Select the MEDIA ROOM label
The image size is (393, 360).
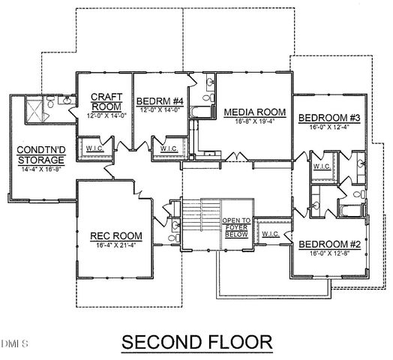point(254,112)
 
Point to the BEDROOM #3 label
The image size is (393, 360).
point(329,118)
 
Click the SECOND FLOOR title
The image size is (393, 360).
point(196,342)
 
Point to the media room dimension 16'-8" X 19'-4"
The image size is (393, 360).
point(254,122)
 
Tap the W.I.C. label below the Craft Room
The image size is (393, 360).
point(95,148)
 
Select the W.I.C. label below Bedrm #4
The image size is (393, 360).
point(169,148)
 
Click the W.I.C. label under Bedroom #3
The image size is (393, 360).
point(322,166)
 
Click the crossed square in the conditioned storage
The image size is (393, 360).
point(34,112)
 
